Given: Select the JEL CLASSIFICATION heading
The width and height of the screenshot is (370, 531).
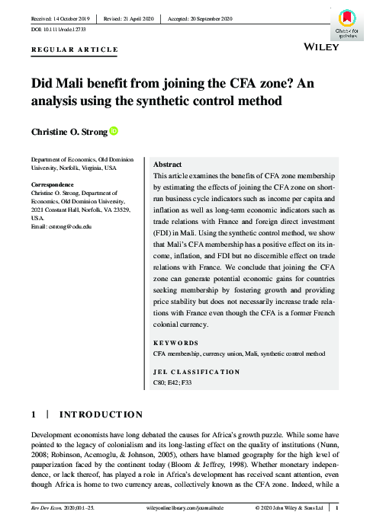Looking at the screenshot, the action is tap(197, 372).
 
